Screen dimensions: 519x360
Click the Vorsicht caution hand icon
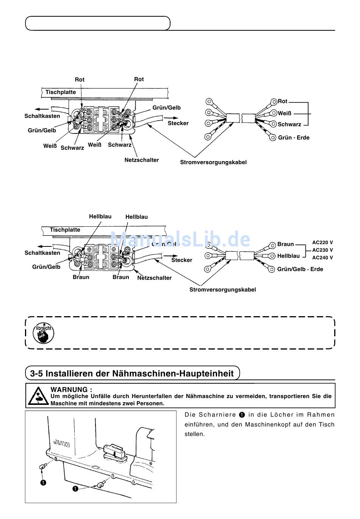(x=43, y=333)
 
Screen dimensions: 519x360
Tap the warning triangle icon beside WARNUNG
(x=38, y=395)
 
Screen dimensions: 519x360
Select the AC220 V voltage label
(x=322, y=243)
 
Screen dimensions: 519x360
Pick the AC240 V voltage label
(x=322, y=258)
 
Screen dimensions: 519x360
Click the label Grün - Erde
(x=294, y=138)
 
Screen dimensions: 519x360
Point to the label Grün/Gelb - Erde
(x=300, y=269)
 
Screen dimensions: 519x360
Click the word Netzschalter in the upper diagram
(x=142, y=160)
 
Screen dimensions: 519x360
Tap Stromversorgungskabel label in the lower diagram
(x=222, y=290)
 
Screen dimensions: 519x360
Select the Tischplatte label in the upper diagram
(x=61, y=92)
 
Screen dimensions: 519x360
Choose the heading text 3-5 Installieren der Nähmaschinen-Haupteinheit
(x=132, y=374)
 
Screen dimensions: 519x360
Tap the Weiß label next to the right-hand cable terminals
(x=285, y=113)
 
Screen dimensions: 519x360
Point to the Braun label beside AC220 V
(x=285, y=244)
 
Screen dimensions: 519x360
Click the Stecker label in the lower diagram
(x=182, y=260)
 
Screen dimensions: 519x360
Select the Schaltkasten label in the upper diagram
(x=42, y=116)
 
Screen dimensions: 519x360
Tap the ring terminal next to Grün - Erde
(x=272, y=137)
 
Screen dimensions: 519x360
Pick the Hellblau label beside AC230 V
(x=288, y=256)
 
